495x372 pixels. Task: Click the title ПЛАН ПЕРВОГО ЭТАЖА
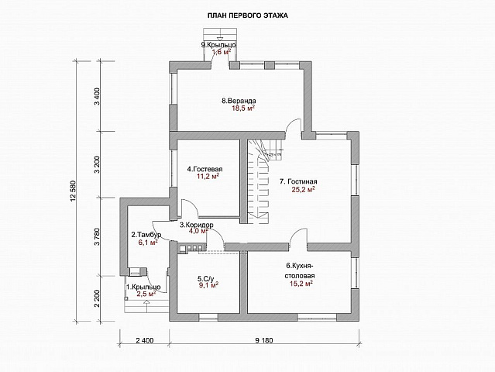tap(248, 15)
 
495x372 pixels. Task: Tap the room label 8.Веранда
tap(239, 101)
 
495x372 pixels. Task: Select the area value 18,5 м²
tap(243, 109)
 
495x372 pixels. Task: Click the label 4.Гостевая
tap(205, 169)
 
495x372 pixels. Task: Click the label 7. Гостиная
tap(298, 181)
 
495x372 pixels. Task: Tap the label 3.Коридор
tap(196, 225)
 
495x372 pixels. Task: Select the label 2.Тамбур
tap(146, 235)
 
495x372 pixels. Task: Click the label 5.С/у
tap(206, 279)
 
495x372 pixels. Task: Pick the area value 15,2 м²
tap(301, 284)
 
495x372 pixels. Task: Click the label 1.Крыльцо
tap(143, 287)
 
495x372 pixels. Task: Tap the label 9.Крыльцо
tap(218, 44)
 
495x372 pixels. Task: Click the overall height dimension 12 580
tap(74, 191)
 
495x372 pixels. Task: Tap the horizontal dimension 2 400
tap(144, 340)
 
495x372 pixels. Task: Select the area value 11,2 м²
tap(208, 176)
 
